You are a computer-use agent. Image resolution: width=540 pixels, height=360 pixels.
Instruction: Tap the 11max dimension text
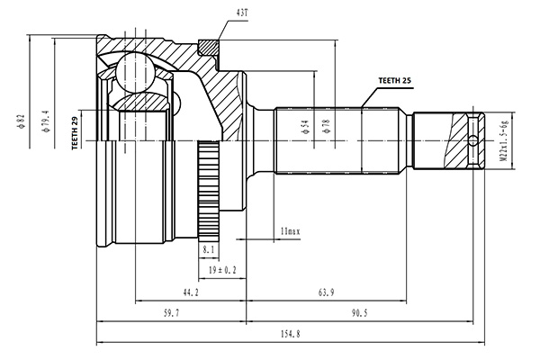[x=289, y=232]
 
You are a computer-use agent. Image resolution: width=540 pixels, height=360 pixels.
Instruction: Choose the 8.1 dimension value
[x=209, y=249]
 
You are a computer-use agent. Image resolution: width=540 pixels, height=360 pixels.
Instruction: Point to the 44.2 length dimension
[x=189, y=292]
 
